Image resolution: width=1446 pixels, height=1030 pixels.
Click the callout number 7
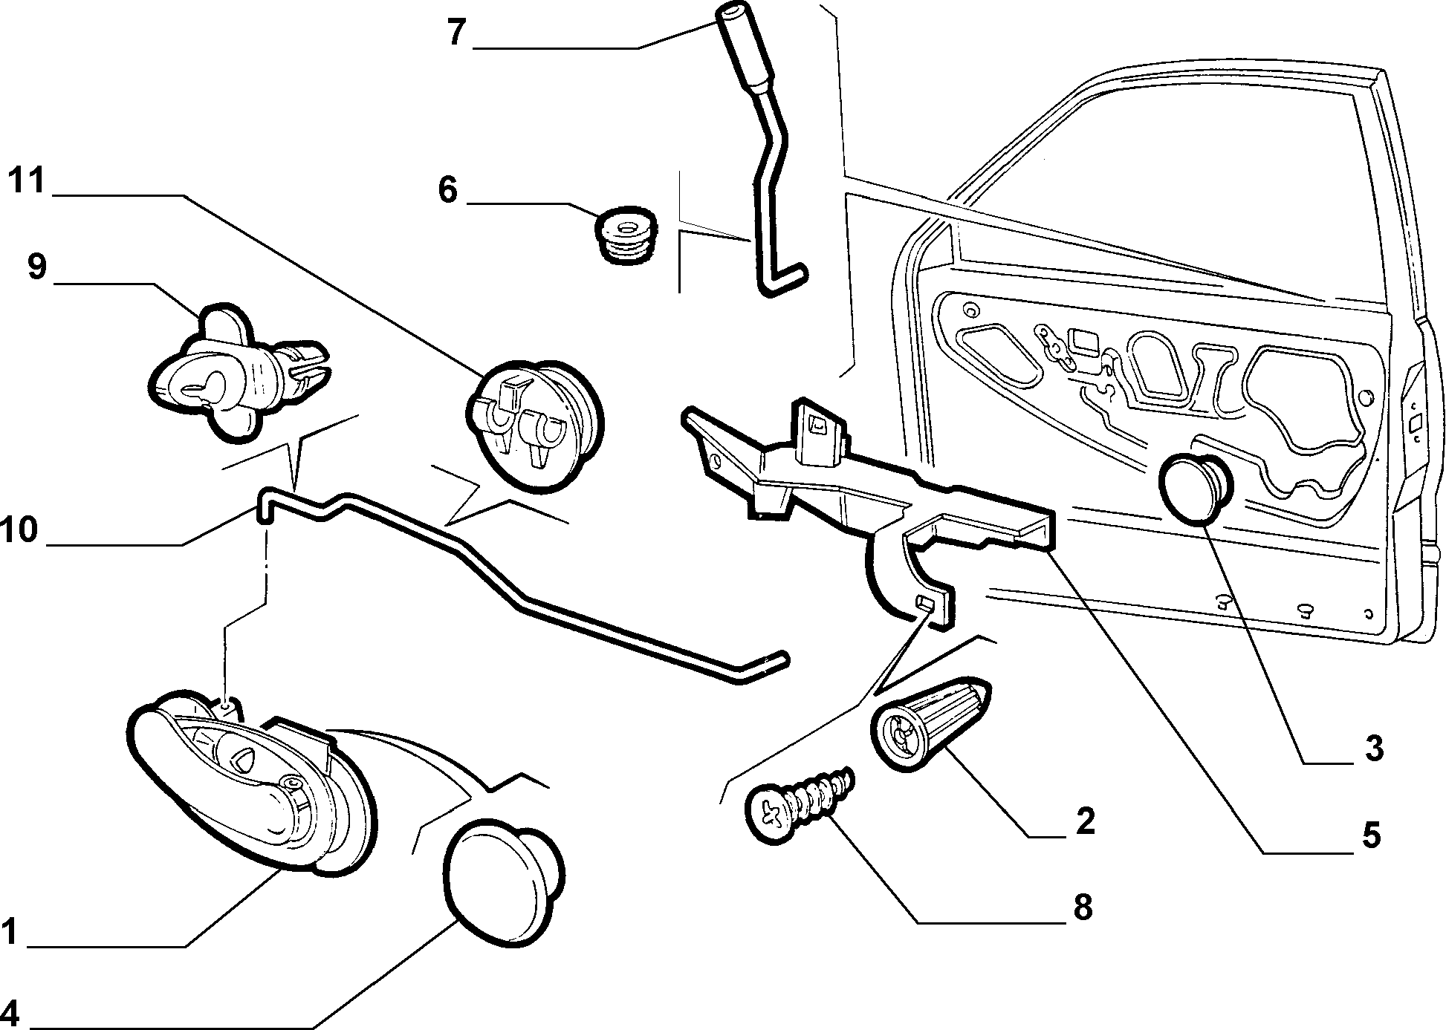point(456,33)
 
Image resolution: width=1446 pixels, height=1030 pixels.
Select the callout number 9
point(37,267)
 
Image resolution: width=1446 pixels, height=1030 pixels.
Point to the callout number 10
point(19,530)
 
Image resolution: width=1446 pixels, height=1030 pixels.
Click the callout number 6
point(447,189)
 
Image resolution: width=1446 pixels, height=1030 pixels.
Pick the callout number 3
point(1374,748)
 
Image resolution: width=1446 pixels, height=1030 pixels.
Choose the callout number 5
point(1372,835)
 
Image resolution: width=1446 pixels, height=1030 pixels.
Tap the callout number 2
point(1086,821)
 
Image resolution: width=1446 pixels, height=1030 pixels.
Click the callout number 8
point(1083,907)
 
